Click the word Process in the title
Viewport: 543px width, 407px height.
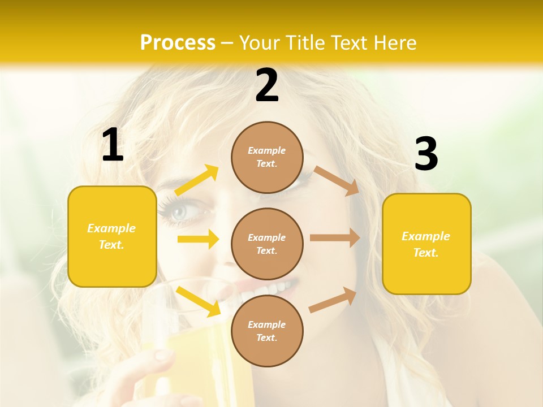(x=178, y=42)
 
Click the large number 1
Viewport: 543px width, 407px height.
(x=113, y=146)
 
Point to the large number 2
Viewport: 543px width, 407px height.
(x=267, y=85)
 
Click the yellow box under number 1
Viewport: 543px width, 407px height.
(x=112, y=236)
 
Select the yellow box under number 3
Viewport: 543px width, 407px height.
(x=426, y=244)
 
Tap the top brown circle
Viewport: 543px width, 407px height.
(x=267, y=157)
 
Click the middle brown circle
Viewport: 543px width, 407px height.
(x=267, y=244)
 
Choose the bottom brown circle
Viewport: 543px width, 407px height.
(x=267, y=331)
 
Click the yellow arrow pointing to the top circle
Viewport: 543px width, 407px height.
(x=197, y=180)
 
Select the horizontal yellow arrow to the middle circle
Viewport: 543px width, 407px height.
(x=198, y=239)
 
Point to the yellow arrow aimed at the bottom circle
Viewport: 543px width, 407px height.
(x=199, y=301)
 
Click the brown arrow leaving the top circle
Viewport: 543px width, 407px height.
(x=336, y=180)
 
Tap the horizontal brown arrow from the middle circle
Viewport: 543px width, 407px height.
(x=335, y=238)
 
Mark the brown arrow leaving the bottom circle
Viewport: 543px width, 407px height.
(x=333, y=300)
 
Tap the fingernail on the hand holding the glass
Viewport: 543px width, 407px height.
(x=162, y=354)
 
